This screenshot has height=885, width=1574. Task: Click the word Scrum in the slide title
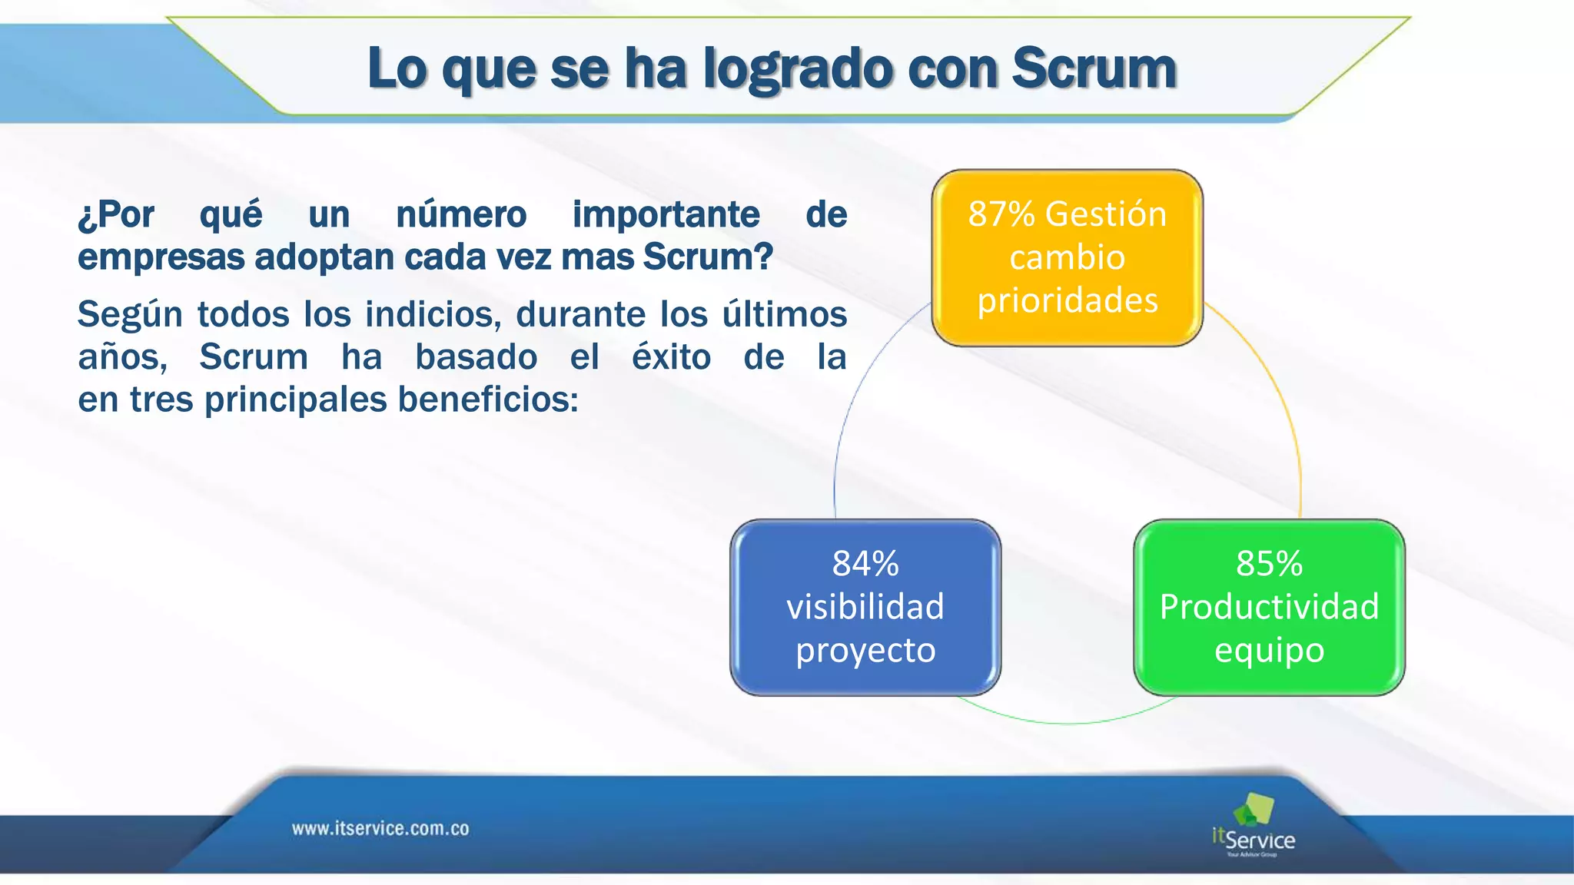pos(1094,68)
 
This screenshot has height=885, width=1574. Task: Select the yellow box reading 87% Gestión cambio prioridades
pos(1067,258)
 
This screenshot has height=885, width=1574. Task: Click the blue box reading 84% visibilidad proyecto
pos(865,608)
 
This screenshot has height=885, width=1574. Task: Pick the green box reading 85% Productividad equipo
pos(1269,608)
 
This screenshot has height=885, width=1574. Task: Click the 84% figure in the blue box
pos(865,564)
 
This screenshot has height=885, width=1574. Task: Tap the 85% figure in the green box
pos(1269,564)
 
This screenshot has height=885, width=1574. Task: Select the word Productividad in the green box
pos(1269,607)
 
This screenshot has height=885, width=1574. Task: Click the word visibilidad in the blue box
pos(865,607)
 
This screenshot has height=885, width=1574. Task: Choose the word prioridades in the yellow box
pos(1067,300)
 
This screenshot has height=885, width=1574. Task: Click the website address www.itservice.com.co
pos(380,829)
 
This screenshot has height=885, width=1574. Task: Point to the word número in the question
pos(461,214)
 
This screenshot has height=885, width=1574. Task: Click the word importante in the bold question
pos(666,214)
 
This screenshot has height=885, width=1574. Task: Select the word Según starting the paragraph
pos(128,315)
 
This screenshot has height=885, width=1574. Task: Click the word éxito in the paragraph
pos(671,357)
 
